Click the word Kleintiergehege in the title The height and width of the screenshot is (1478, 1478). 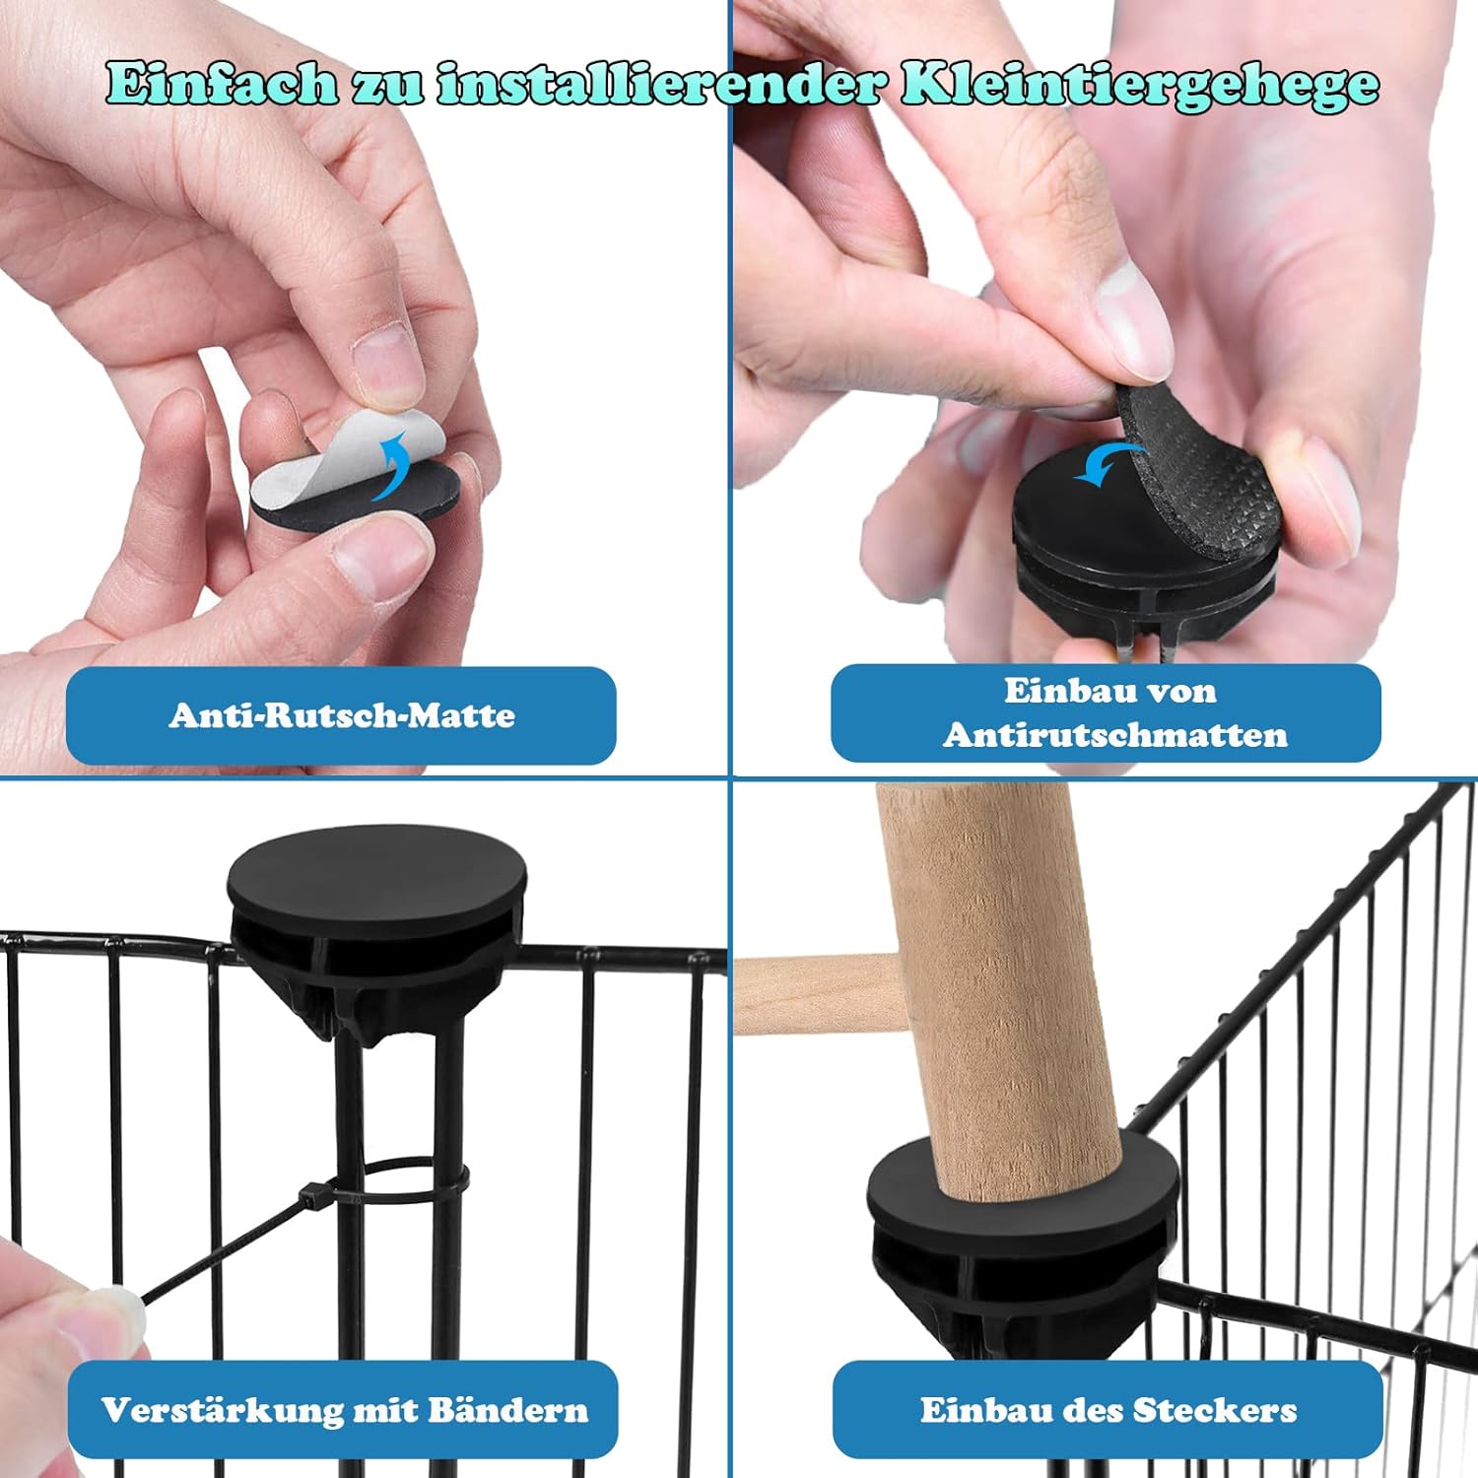point(1141,85)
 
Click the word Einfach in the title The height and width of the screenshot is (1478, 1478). point(221,83)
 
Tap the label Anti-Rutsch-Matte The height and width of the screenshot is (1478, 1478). point(342,714)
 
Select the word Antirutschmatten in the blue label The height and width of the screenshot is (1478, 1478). point(1114,735)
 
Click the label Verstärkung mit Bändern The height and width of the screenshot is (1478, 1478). point(345,1410)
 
